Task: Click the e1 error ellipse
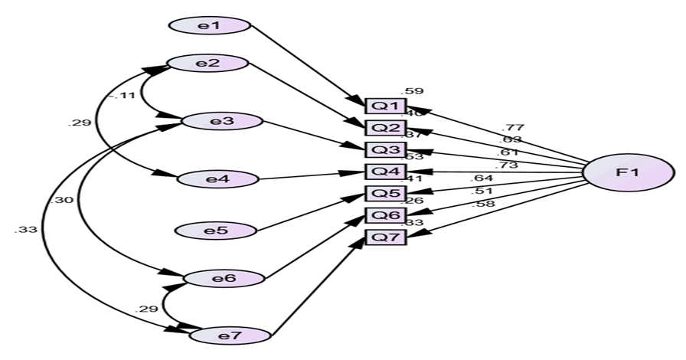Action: pyautogui.click(x=210, y=25)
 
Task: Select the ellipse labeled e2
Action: pyautogui.click(x=207, y=64)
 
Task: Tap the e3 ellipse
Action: pyautogui.click(x=222, y=121)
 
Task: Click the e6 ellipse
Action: pyautogui.click(x=224, y=277)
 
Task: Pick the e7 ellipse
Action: pyautogui.click(x=230, y=335)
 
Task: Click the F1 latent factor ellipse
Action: pyautogui.click(x=622, y=173)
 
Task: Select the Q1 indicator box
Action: pyautogui.click(x=385, y=106)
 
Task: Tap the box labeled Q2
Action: pyautogui.click(x=385, y=127)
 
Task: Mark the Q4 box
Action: pyautogui.click(x=385, y=171)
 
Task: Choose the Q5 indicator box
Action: pyautogui.click(x=385, y=193)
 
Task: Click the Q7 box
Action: pyautogui.click(x=385, y=237)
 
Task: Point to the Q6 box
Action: pyautogui.click(x=385, y=215)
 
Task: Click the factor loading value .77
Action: pyautogui.click(x=513, y=127)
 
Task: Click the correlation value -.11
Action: pyautogui.click(x=120, y=97)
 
